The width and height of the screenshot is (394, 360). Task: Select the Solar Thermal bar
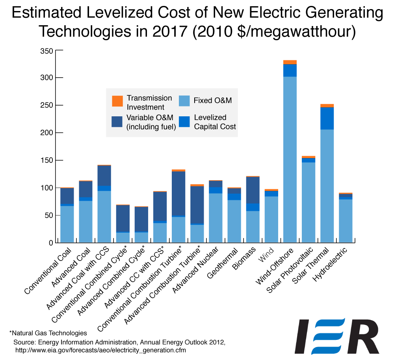coord(327,177)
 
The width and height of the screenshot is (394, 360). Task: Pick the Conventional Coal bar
coord(67,217)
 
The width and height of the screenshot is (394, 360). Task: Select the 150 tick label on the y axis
coord(46,160)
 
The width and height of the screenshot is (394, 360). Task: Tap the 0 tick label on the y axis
coord(50,243)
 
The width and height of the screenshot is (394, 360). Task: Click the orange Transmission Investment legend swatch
coord(117,101)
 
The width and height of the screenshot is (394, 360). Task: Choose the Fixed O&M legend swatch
coord(184,101)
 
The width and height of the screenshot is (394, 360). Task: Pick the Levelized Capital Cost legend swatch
coord(184,121)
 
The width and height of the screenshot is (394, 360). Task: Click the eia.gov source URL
coord(100,350)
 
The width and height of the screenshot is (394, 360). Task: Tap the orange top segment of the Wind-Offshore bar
coord(290,62)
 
